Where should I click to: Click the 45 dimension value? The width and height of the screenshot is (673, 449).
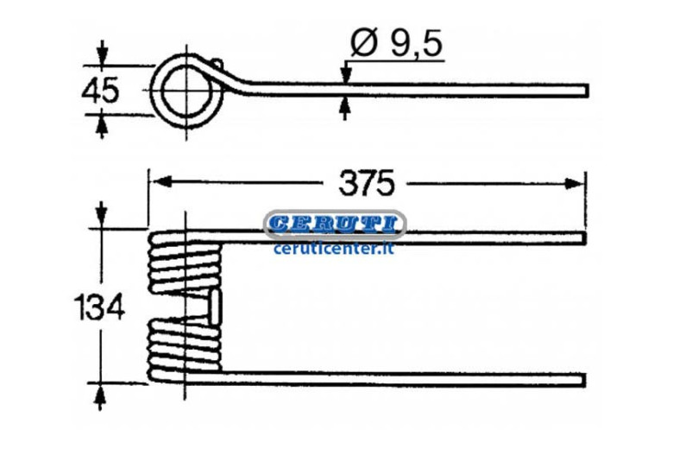coord(100,91)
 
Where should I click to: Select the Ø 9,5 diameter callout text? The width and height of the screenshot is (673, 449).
coord(396,43)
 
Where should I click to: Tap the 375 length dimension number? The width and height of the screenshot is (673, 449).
coord(366,183)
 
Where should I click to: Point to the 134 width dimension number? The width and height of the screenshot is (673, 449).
coord(99,307)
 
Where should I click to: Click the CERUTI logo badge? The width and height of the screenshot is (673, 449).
coord(335,224)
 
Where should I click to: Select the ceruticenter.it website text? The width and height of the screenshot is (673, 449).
coord(334,249)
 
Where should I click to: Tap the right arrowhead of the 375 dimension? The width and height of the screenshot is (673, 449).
coord(575,183)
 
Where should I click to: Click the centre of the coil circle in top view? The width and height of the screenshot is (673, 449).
coord(186,90)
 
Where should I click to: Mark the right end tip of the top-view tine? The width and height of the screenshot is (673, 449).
coord(588,90)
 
